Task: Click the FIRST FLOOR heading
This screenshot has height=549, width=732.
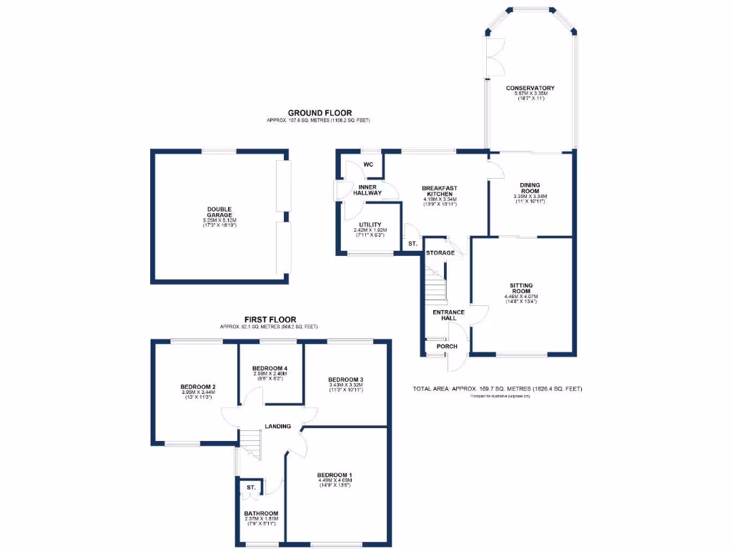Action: point(270,320)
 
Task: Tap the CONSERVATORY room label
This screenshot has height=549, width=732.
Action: point(530,89)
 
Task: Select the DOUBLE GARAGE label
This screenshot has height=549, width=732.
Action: point(220,213)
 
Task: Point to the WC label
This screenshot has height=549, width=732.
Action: point(368,164)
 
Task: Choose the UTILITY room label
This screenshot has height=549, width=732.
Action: point(371,224)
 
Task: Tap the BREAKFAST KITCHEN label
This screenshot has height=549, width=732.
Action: point(442,192)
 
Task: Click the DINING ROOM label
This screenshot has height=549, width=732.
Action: point(530,187)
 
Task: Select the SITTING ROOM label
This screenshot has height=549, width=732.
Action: point(520,288)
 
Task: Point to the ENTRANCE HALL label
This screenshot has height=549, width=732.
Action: point(449,315)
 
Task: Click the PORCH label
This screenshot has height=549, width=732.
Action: point(447,347)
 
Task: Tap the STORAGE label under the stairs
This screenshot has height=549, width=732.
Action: point(440,253)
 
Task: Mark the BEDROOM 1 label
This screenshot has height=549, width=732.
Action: point(335,475)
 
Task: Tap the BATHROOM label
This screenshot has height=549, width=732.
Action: point(260,514)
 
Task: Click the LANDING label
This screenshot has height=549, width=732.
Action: point(278,427)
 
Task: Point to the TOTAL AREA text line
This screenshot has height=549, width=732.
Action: point(498,389)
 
